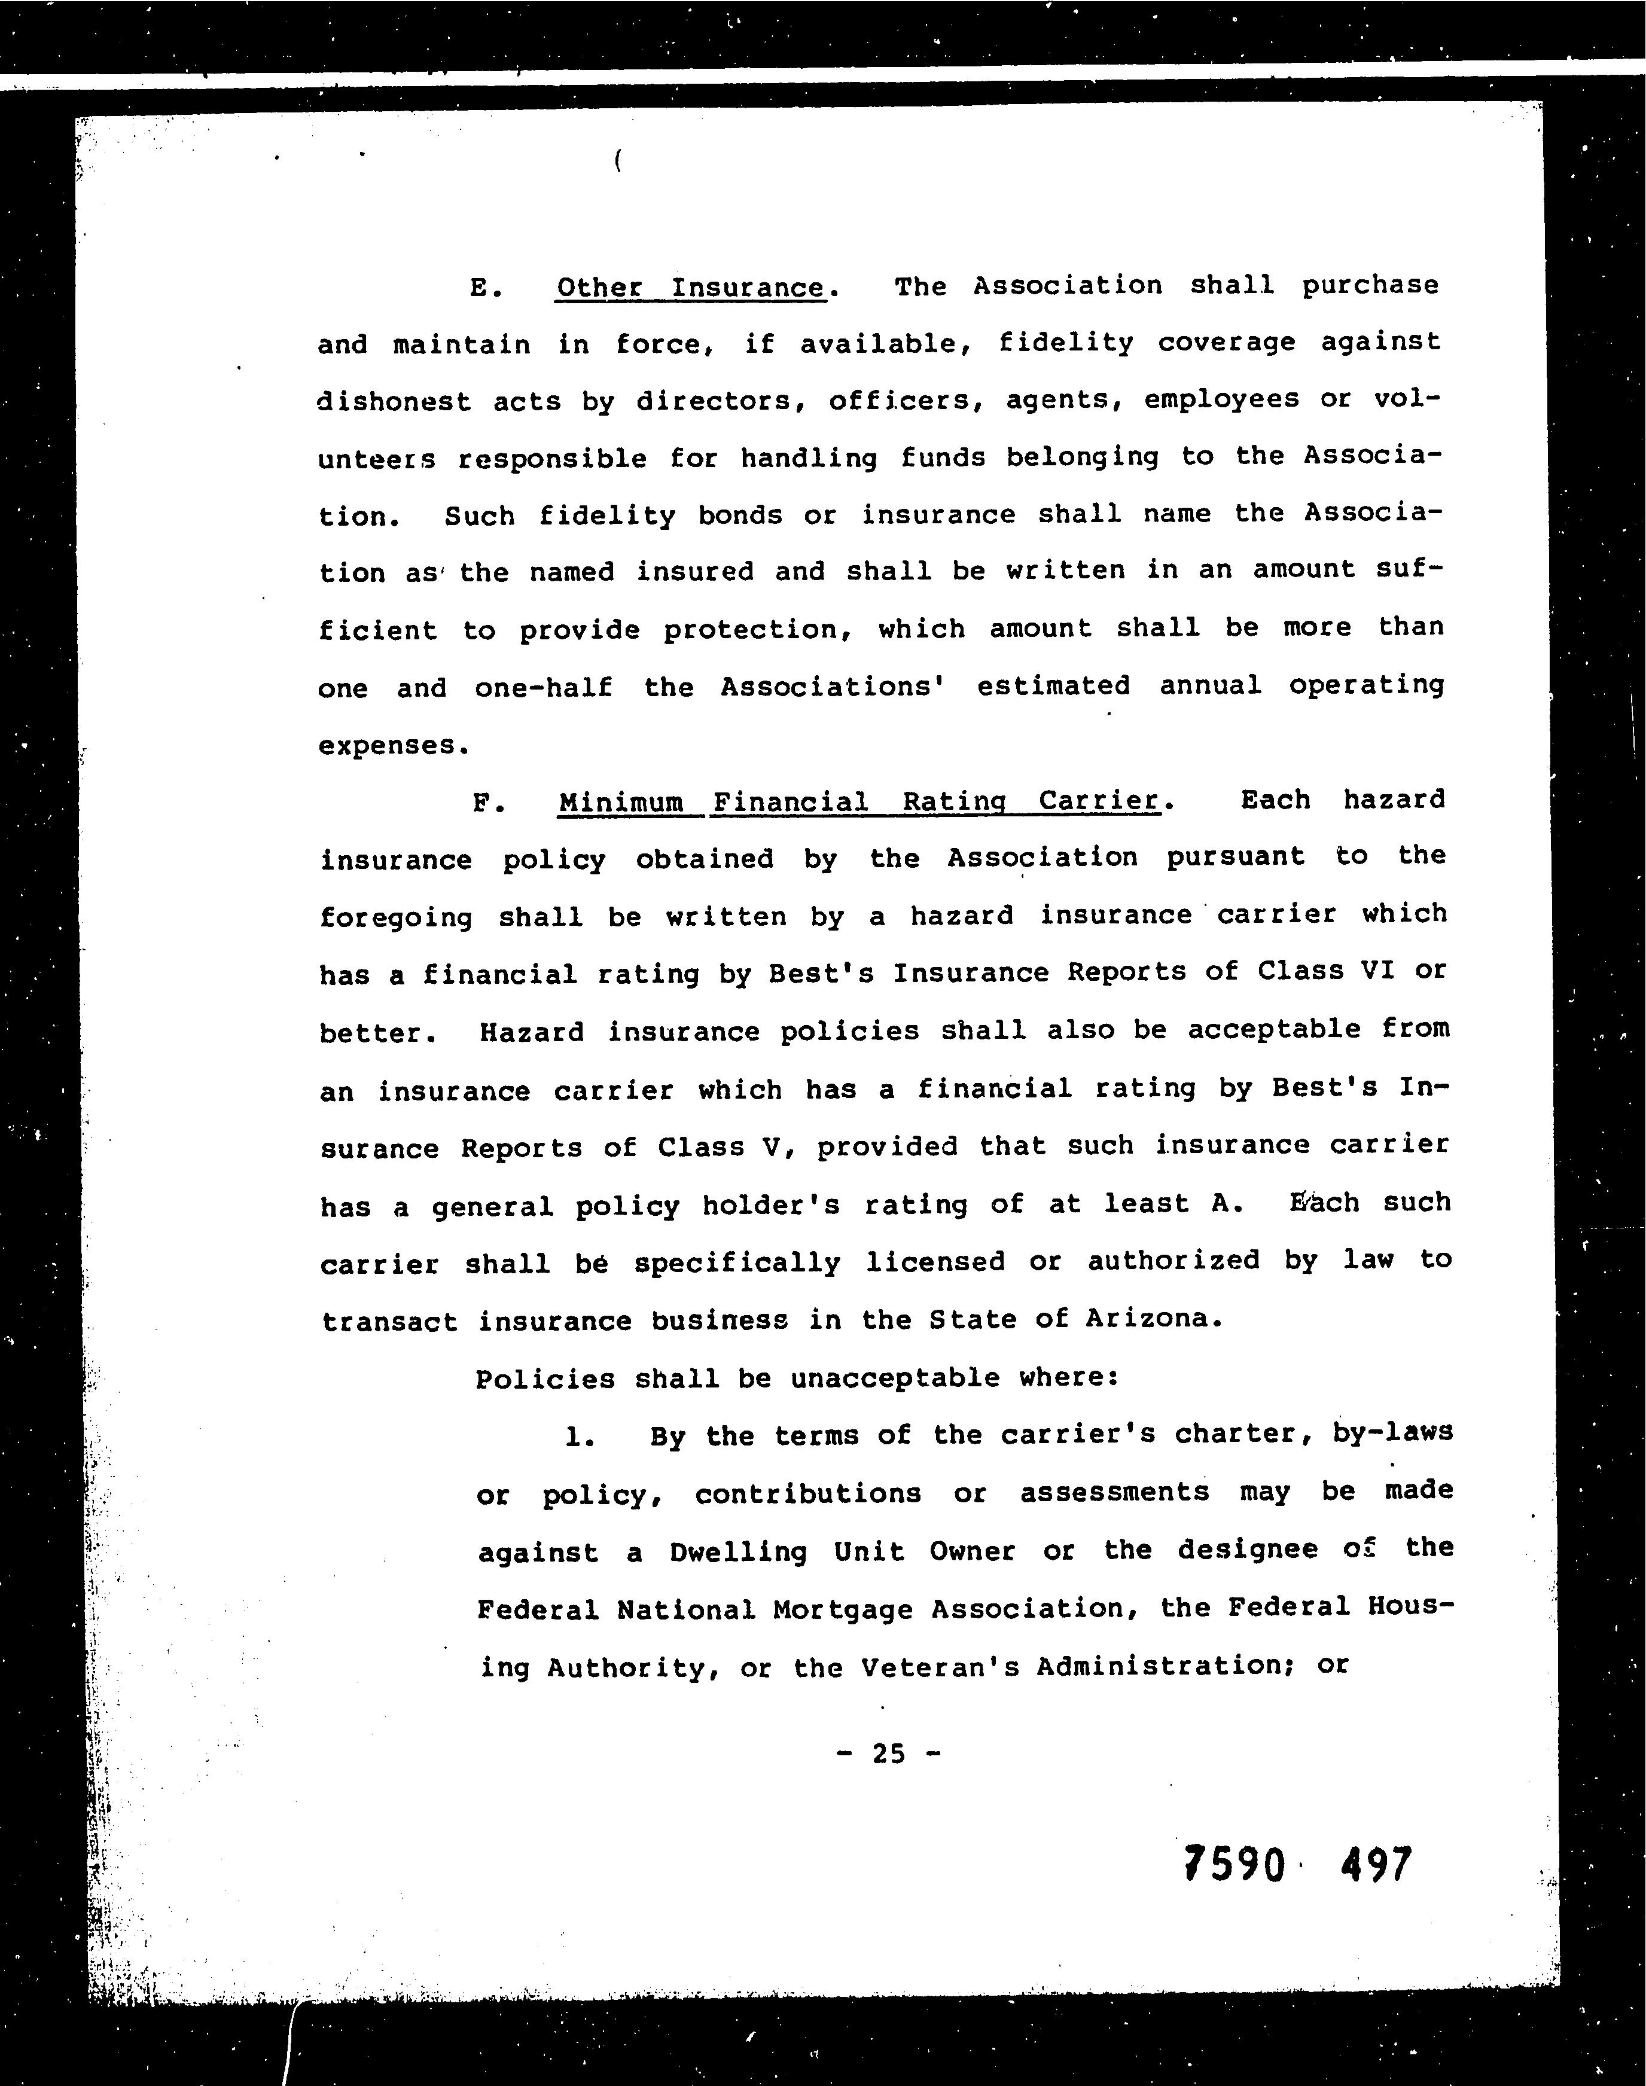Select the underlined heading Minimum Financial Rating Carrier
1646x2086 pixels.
click(859, 801)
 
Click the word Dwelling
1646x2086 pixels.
click(739, 1551)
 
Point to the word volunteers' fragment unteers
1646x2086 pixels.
click(376, 459)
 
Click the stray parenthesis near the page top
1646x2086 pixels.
click(616, 162)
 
